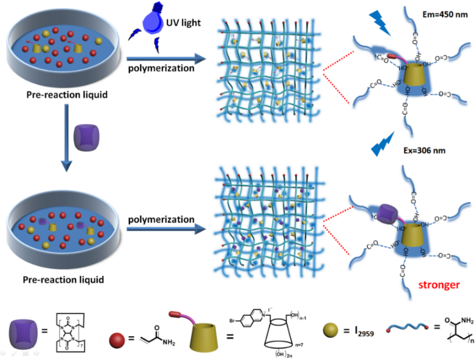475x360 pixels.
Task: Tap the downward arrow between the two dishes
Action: [66, 137]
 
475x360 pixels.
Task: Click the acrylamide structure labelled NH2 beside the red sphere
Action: [154, 328]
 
